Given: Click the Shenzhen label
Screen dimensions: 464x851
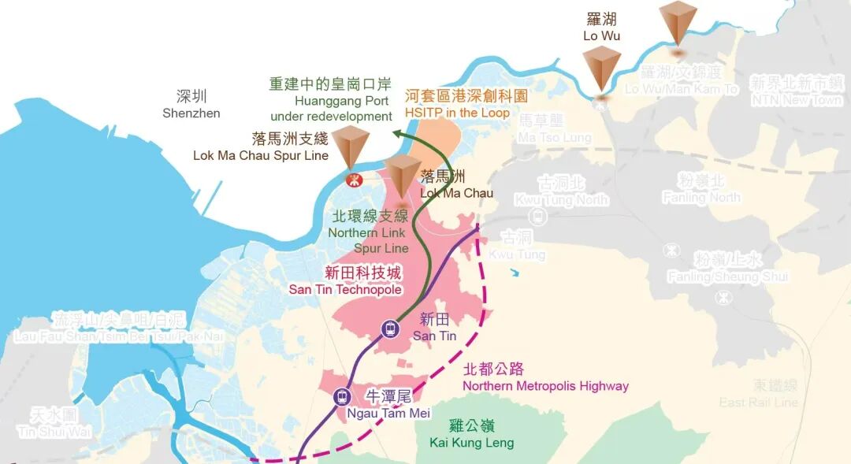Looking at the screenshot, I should (x=191, y=105).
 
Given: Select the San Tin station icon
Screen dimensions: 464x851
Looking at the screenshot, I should (x=390, y=329).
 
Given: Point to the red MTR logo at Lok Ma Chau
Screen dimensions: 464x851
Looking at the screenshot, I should (x=354, y=180).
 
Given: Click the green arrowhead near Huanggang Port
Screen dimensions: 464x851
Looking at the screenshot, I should (x=399, y=136).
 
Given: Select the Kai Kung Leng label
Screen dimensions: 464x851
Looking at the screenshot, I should (x=471, y=434).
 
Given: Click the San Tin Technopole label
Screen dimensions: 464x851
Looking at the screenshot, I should (x=345, y=281).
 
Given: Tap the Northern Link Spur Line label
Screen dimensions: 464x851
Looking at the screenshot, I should (x=369, y=232).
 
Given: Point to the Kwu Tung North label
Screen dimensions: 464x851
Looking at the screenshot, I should (x=561, y=191).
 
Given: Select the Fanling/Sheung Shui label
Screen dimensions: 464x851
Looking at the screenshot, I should (x=727, y=269).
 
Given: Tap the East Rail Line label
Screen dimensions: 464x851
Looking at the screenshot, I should (x=758, y=394).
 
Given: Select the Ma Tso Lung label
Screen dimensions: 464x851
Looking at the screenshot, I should (x=554, y=128).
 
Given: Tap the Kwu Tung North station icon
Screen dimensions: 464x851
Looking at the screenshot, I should (x=538, y=213).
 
